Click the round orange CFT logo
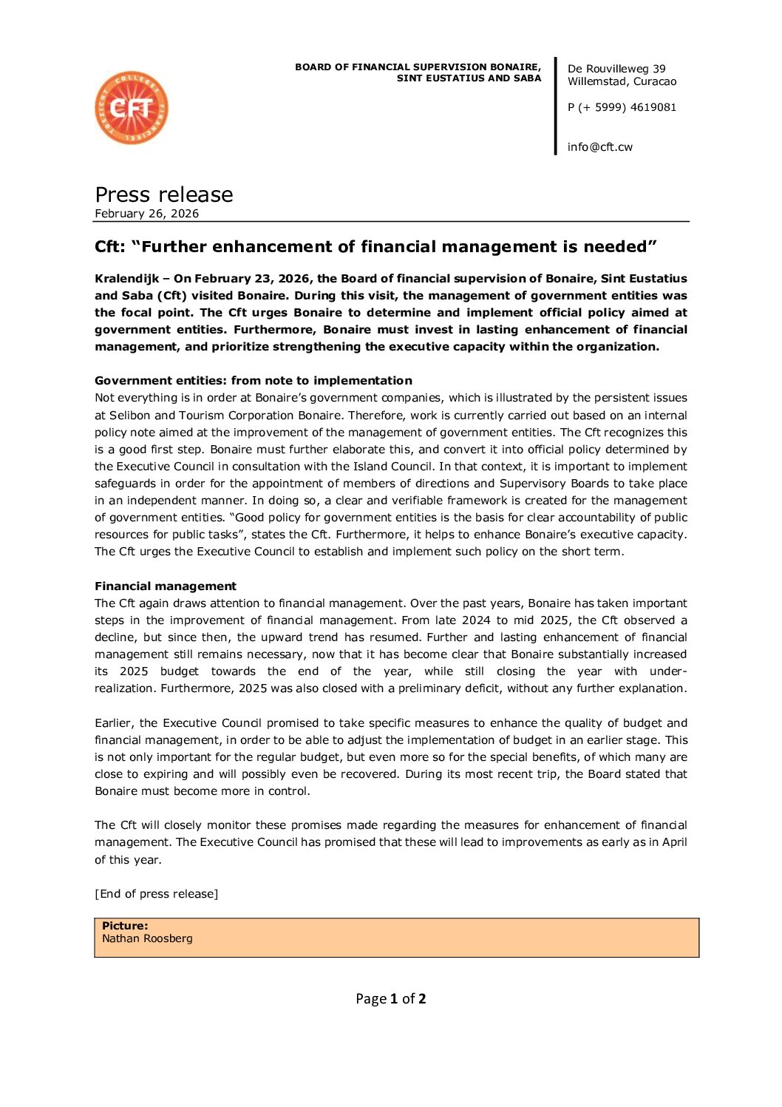tap(132, 108)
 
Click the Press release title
tap(164, 194)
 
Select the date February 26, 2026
tap(146, 214)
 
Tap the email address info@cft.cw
tap(599, 147)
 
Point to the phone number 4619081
tap(653, 107)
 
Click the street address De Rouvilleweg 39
tap(616, 69)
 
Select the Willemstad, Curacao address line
tap(622, 81)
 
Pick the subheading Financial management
tap(166, 586)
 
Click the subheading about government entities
tap(253, 381)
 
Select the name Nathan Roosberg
tap(147, 938)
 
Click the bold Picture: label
tap(125, 926)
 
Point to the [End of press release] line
tap(156, 894)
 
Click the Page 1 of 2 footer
tap(390, 999)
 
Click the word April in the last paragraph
tap(674, 842)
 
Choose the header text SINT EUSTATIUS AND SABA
tap(469, 78)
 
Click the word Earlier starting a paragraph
tap(113, 723)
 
